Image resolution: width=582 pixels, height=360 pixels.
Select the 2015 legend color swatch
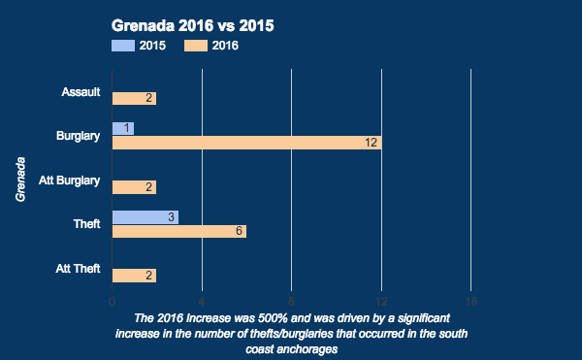click(x=123, y=45)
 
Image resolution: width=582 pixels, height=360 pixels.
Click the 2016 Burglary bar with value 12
click(x=246, y=143)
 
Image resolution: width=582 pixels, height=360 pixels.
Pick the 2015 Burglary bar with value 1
click(x=123, y=128)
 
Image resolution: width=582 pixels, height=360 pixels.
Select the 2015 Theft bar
click(x=145, y=217)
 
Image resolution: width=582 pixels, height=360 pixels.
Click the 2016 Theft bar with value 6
click(x=178, y=231)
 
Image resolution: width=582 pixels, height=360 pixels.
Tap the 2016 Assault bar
click(x=134, y=98)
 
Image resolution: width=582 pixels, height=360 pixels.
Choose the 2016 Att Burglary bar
click(x=134, y=187)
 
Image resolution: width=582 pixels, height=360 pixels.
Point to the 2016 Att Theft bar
click(x=134, y=276)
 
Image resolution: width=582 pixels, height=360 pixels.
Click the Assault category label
click(x=81, y=92)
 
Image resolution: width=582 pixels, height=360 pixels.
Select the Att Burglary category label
click(x=70, y=180)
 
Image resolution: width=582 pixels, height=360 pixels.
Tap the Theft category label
click(x=87, y=224)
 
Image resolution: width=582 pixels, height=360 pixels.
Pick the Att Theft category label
click(x=78, y=269)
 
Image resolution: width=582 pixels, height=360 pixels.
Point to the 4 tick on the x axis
click(x=202, y=301)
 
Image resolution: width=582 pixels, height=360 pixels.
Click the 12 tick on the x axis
click(x=381, y=301)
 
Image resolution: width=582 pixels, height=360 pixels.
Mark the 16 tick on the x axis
click(x=470, y=301)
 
